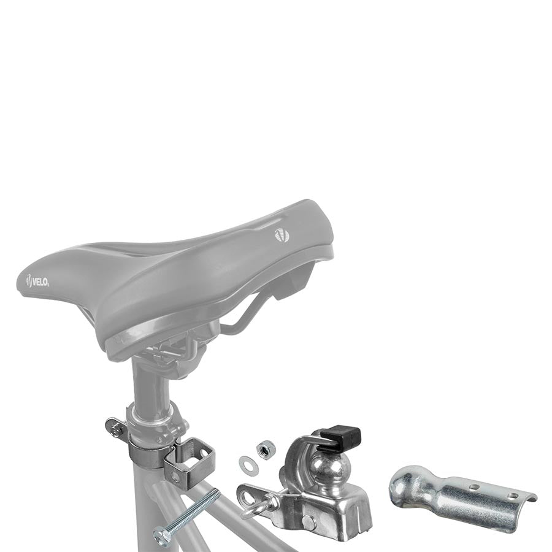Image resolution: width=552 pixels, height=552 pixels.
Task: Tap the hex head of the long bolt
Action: click(x=163, y=535)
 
